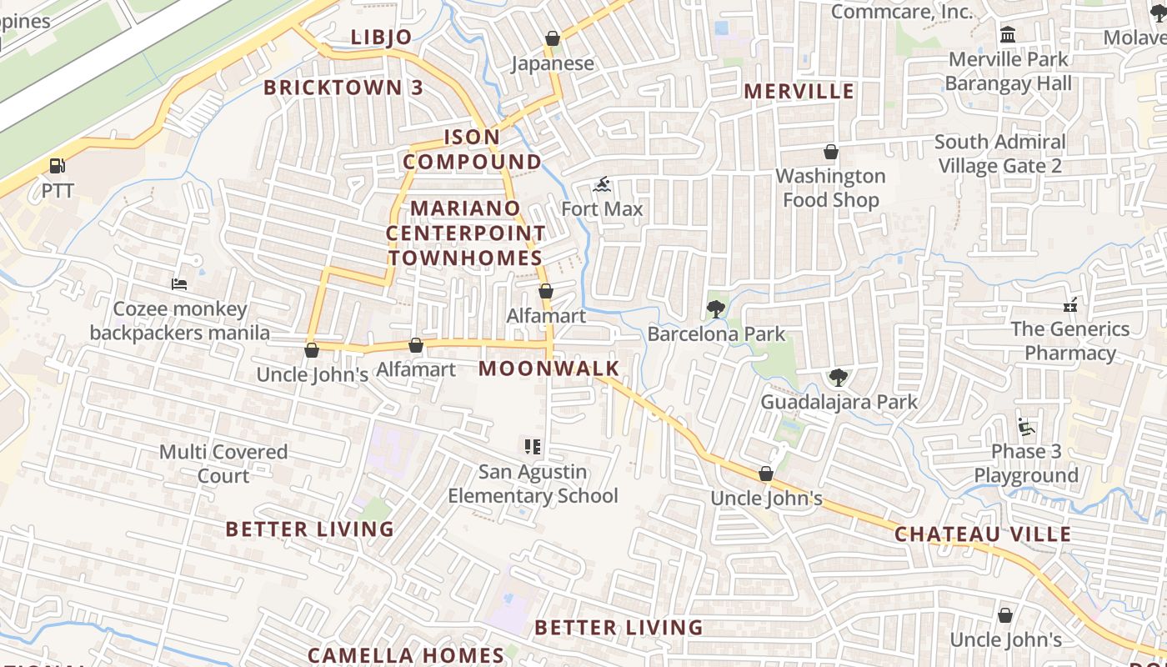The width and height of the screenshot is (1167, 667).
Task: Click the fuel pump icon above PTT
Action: point(57,166)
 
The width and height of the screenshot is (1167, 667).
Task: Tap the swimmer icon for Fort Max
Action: point(602,184)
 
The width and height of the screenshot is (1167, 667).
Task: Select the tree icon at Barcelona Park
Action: point(715,309)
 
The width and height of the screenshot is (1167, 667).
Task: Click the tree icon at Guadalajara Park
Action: point(839,378)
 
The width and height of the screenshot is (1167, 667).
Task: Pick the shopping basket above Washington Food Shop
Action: point(831,152)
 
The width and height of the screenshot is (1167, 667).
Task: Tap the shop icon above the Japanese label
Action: point(552,38)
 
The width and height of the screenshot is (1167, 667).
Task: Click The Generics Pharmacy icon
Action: point(1070,304)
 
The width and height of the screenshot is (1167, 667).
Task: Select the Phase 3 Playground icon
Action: point(1026,427)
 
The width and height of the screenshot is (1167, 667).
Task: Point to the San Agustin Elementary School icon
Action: point(533,447)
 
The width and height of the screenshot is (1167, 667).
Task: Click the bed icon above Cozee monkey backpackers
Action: point(179,284)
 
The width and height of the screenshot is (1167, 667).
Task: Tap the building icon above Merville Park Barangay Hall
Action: point(1008,35)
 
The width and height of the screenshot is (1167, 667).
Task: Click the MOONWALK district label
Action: point(549,369)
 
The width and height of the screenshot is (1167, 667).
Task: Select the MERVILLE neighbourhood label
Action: point(799,91)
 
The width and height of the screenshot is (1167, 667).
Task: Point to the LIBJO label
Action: point(382,38)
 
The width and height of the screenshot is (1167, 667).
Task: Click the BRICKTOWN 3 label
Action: point(343,88)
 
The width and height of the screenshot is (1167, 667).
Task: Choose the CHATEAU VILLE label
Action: point(983,534)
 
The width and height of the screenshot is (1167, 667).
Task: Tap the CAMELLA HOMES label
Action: point(406,655)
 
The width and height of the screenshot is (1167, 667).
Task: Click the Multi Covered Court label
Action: point(223,464)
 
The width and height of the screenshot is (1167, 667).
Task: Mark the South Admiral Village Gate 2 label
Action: point(1000,153)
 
